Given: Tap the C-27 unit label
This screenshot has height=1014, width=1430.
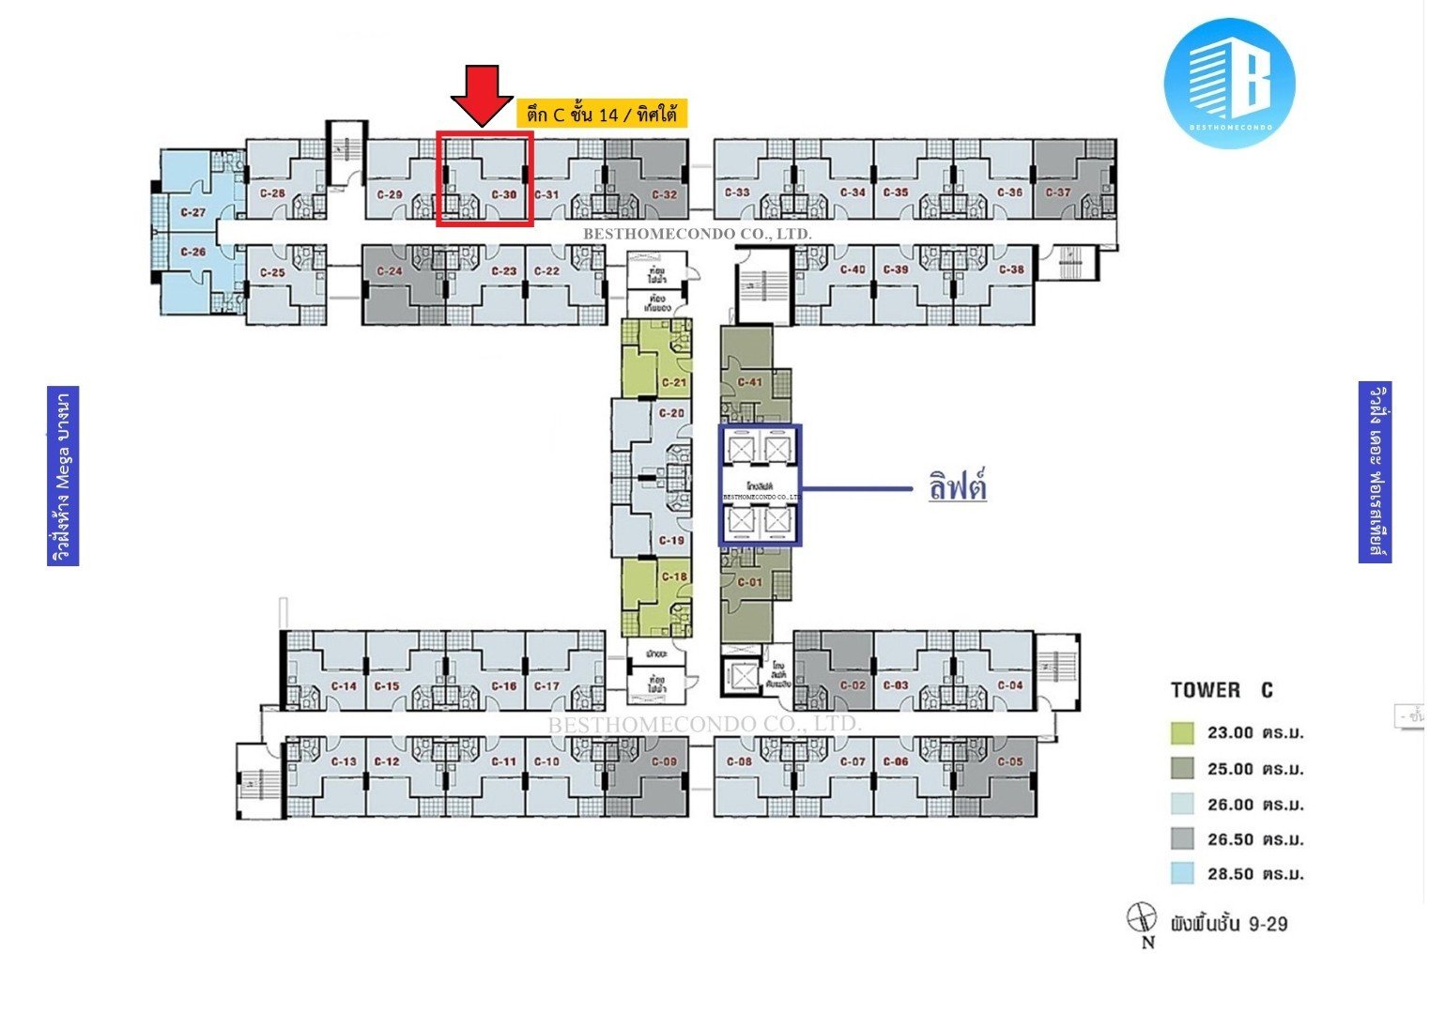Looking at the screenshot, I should tap(192, 212).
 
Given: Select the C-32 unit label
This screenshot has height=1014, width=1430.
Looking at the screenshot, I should tap(664, 195).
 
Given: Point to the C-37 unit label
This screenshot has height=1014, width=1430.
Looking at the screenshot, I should tap(1057, 192).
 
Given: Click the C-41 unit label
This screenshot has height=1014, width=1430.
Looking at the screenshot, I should tap(749, 382).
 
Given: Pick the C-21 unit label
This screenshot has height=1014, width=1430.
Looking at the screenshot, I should tap(673, 383).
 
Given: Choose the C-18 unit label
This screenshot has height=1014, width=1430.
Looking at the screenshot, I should tap(673, 576).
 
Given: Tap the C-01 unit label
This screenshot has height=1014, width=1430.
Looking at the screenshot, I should tap(749, 582).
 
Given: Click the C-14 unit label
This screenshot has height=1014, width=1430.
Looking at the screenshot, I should tap(345, 686).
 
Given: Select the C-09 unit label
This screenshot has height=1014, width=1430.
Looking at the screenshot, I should tap(664, 761).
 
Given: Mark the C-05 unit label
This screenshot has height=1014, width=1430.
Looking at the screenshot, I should tap(1010, 761).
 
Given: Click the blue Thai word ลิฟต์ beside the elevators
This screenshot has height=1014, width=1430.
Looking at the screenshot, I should tap(957, 487).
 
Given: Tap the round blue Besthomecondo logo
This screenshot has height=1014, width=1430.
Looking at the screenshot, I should tap(1228, 83).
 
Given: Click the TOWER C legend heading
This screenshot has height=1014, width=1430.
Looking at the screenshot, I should tap(1222, 690).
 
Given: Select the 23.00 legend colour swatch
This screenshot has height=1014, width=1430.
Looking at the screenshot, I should tap(1182, 733).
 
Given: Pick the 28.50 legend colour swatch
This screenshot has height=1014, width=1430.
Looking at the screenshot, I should tap(1182, 874).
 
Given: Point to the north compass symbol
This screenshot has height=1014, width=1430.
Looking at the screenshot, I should tap(1142, 917).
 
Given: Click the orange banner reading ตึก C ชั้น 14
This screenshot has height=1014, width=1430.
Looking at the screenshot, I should tap(602, 115).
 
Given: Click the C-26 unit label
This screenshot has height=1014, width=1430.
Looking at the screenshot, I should tap(192, 252).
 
